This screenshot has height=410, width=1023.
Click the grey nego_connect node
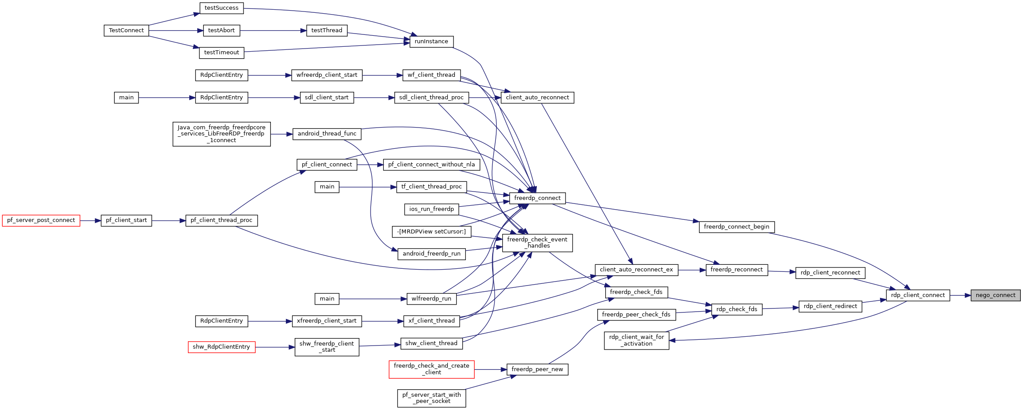[995, 295]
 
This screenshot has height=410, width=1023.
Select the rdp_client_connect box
[918, 295]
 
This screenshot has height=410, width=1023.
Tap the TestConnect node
[126, 30]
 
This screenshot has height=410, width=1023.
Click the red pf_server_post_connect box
[41, 220]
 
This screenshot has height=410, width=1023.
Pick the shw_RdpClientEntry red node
[221, 347]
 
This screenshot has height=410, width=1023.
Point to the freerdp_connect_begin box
[736, 227]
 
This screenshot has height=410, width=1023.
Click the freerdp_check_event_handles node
[537, 243]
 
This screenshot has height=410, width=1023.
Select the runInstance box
[431, 41]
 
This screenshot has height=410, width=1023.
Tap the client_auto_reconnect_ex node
[636, 270]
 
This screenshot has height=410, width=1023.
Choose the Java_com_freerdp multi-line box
[221, 134]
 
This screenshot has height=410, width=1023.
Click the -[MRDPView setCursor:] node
[431, 232]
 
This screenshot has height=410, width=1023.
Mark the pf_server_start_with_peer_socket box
[431, 398]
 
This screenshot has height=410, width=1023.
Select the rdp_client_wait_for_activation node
[636, 340]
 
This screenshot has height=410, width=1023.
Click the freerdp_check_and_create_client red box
[431, 369]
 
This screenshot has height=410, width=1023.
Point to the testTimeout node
[221, 53]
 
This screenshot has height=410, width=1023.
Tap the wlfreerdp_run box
[431, 299]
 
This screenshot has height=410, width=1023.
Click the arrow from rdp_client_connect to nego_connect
[960, 295]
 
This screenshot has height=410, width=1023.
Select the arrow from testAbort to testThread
[273, 30]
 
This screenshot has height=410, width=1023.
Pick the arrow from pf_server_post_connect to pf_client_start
[90, 220]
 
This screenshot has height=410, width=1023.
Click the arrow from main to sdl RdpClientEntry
[167, 98]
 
